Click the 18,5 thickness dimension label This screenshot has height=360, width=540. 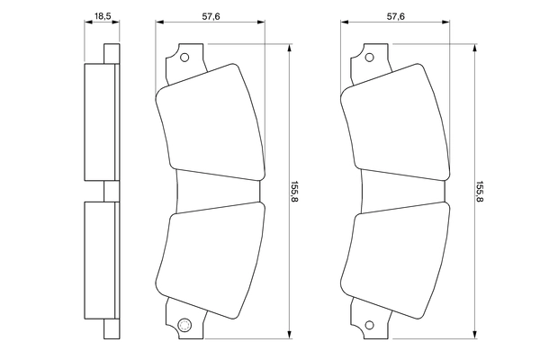(x=103, y=16)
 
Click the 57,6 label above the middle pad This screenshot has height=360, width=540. (x=211, y=16)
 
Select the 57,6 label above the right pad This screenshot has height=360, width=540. (x=396, y=16)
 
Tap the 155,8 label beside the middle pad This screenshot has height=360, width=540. (x=294, y=192)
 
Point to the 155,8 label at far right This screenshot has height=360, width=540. (x=480, y=192)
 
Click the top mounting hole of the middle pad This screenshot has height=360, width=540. (x=184, y=58)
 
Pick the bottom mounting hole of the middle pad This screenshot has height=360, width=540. (x=184, y=325)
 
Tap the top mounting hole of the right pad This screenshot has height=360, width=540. (x=370, y=58)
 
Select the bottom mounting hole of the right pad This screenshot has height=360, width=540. (x=370, y=325)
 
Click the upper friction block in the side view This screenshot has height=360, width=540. (x=100, y=122)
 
